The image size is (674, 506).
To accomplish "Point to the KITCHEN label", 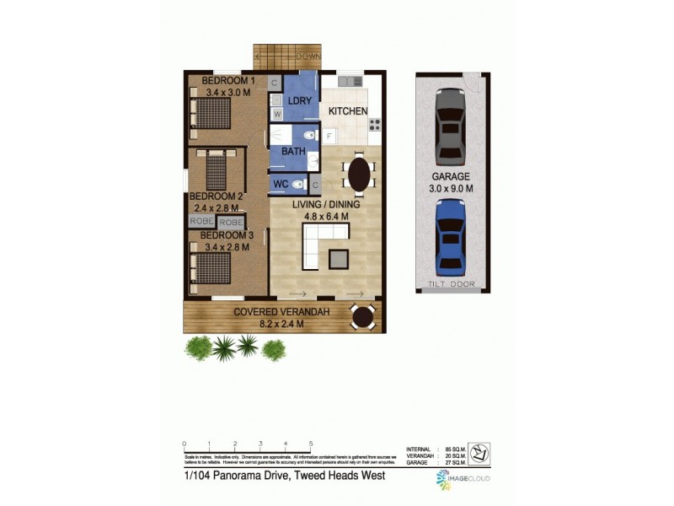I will click(347, 111).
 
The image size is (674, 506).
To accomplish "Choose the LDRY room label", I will click(299, 101).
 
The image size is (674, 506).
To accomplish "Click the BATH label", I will click(293, 152).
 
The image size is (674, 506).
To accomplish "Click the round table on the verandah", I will click(363, 317).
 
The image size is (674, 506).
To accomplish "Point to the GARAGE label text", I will click(451, 178).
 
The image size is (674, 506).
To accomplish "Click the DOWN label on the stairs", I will click(307, 57).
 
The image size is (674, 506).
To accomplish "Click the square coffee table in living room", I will click(340, 258).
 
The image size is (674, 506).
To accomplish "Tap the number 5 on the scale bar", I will click(311, 444).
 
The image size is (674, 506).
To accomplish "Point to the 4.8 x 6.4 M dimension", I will click(325, 216).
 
